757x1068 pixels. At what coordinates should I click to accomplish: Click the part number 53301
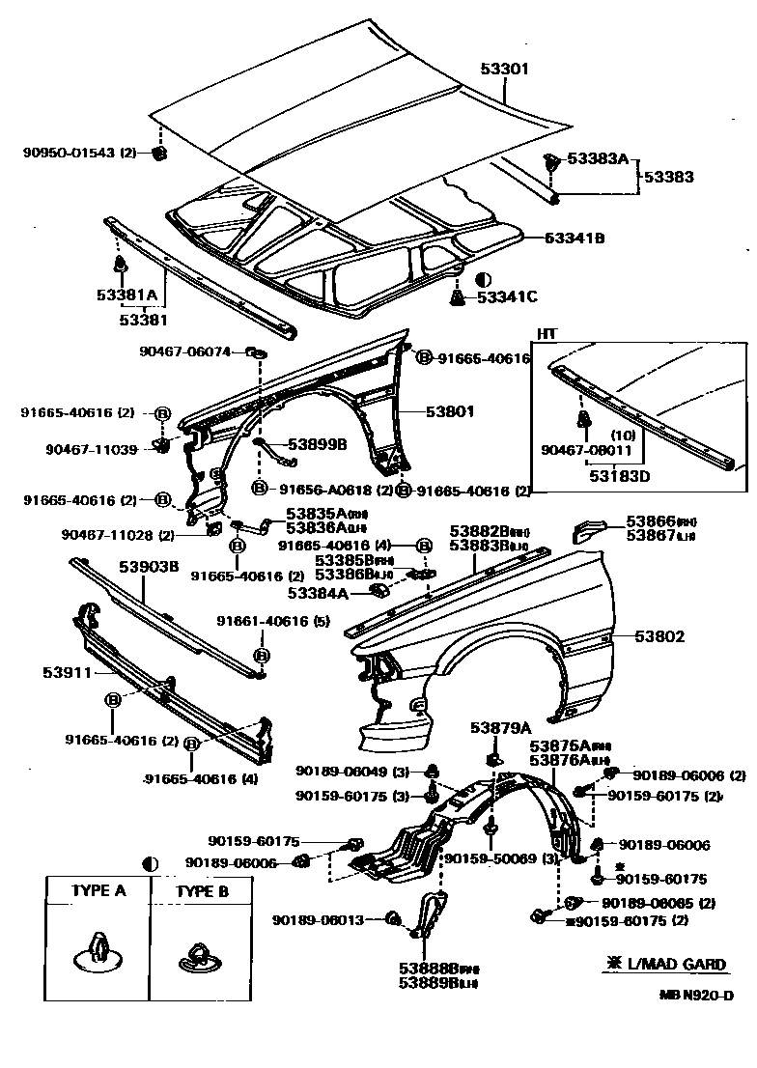coord(504,70)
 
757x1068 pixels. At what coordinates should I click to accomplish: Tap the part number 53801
coord(452,410)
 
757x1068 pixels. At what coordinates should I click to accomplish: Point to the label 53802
coord(659,636)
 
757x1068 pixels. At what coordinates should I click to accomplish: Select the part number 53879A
coord(501,727)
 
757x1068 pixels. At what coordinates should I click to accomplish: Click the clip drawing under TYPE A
coord(98,951)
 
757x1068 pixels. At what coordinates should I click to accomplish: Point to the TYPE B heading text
coord(202,891)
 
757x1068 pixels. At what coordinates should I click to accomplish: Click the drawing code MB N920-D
coord(694,995)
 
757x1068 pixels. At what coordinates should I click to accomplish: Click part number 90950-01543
coord(70,153)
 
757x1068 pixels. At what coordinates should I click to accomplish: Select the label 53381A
coord(126,295)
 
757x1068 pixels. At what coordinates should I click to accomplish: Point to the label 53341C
coord(507,297)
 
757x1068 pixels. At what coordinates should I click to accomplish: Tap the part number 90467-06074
coord(185,351)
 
